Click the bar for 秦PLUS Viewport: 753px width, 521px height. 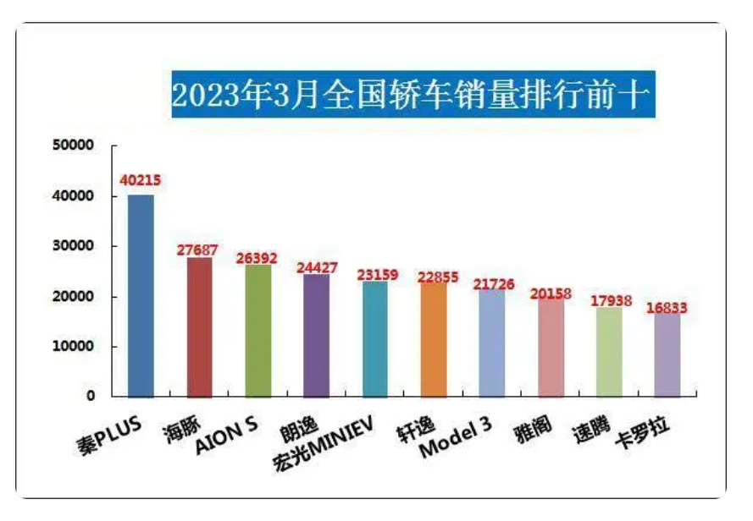(141, 296)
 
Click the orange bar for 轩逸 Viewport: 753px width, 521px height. (433, 339)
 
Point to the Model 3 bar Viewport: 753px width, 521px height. (491, 343)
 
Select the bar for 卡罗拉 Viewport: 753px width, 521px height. (667, 354)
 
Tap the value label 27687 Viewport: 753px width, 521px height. (199, 250)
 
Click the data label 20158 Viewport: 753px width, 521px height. (550, 293)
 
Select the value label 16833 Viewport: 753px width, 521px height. (667, 310)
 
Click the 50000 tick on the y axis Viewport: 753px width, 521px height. (75, 145)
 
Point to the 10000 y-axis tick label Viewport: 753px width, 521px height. (75, 347)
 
